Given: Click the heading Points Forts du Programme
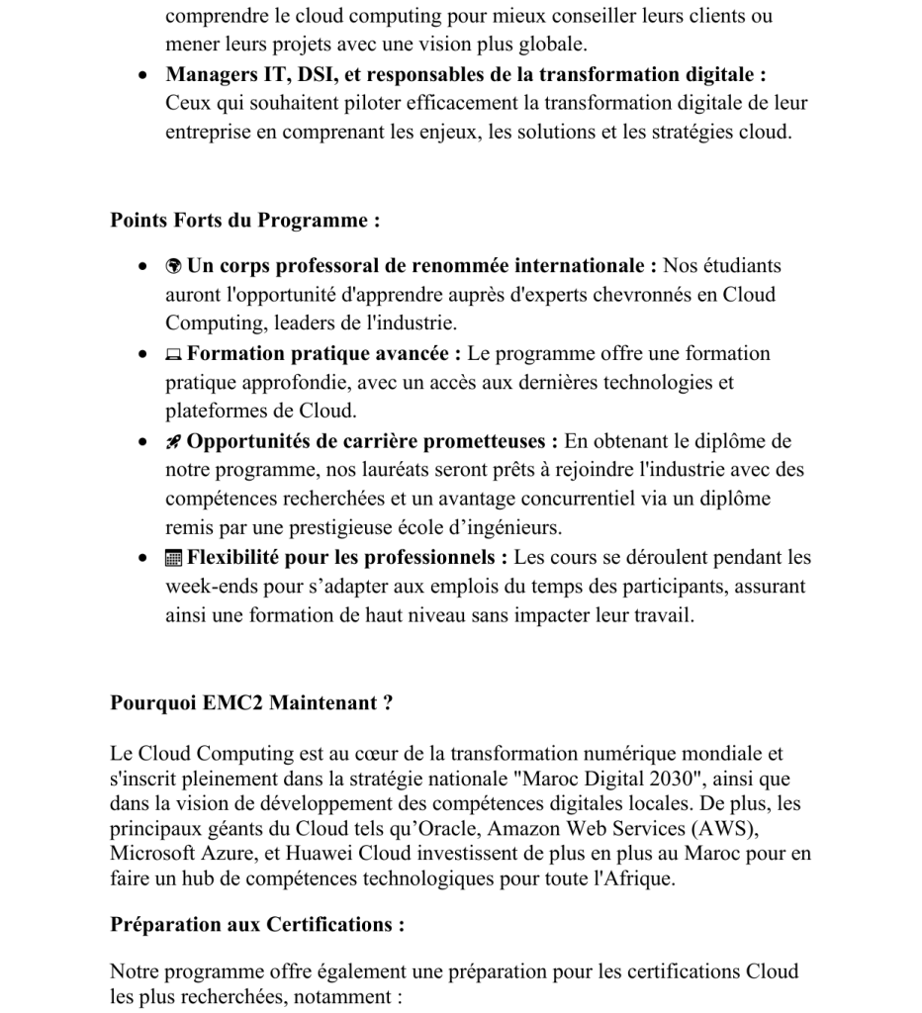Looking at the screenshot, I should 244,221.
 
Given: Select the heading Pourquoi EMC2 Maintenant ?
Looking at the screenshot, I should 251,703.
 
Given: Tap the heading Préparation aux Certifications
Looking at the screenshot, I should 257,925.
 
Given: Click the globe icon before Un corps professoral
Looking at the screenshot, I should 174,266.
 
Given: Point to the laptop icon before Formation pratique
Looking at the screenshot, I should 174,354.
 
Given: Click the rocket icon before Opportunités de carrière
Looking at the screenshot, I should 174,442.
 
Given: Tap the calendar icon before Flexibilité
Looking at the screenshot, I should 174,558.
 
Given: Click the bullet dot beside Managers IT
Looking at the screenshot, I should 144,76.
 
